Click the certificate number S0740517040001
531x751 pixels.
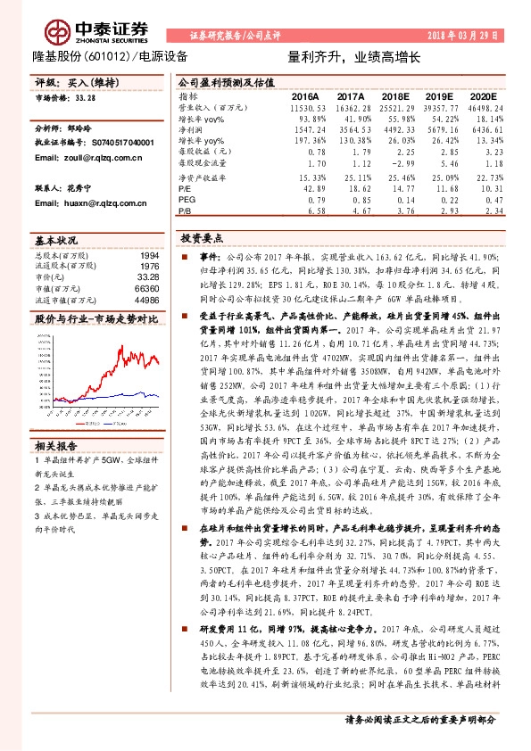tap(112, 143)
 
